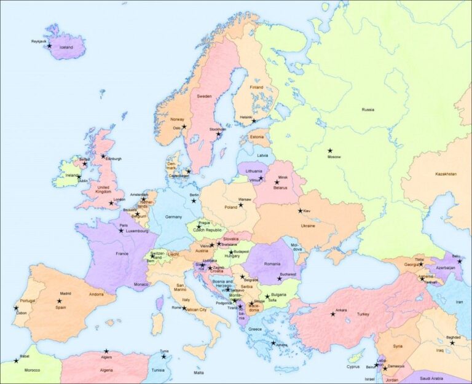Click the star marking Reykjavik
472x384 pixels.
pyautogui.click(x=50, y=46)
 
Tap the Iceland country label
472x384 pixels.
pyautogui.click(x=66, y=47)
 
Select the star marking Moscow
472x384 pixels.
pyautogui.click(x=330, y=151)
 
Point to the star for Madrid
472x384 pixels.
pyautogui.click(x=60, y=301)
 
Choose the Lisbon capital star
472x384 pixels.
pyautogui.click(x=16, y=308)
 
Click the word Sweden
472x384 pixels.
pyautogui.click(x=204, y=96)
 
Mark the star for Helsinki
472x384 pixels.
pyautogui.click(x=253, y=121)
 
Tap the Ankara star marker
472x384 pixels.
pyautogui.click(x=333, y=314)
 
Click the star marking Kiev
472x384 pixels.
pyautogui.click(x=301, y=211)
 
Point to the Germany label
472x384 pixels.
pyautogui.click(x=174, y=217)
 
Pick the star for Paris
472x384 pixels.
pyautogui.click(x=121, y=230)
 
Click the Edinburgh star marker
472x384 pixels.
pyautogui.click(x=103, y=156)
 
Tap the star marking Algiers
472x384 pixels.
pyautogui.click(x=106, y=351)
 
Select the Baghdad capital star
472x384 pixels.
pyautogui.click(x=452, y=342)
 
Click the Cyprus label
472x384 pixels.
pyautogui.click(x=353, y=367)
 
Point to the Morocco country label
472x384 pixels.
pyautogui.click(x=32, y=370)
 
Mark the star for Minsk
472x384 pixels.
pyautogui.click(x=277, y=182)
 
